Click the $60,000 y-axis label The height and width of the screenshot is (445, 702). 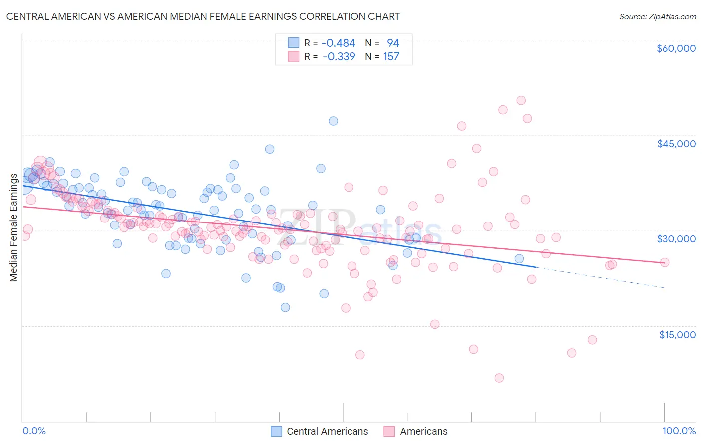(676, 48)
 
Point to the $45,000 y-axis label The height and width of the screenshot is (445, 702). (676, 144)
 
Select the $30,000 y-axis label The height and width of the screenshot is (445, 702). (676, 239)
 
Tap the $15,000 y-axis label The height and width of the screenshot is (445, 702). (677, 335)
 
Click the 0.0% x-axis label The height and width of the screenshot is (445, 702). (34, 431)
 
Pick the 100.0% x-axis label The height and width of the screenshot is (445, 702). (679, 431)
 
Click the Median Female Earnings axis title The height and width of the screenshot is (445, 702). (13, 227)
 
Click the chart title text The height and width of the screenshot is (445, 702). (203, 16)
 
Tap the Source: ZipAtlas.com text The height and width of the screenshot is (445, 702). (657, 16)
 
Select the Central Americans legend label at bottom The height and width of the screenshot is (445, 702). (327, 431)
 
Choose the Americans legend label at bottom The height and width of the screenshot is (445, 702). (423, 431)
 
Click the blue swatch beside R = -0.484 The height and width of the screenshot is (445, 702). (293, 43)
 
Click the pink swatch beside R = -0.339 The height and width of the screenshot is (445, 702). (293, 56)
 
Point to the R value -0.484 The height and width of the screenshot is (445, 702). (338, 43)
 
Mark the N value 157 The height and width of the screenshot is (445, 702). (391, 56)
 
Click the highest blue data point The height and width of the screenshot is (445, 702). (333, 121)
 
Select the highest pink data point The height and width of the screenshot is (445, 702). (521, 100)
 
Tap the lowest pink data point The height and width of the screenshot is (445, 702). (499, 378)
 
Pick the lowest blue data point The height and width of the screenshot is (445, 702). (285, 307)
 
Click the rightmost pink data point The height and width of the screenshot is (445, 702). (664, 262)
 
